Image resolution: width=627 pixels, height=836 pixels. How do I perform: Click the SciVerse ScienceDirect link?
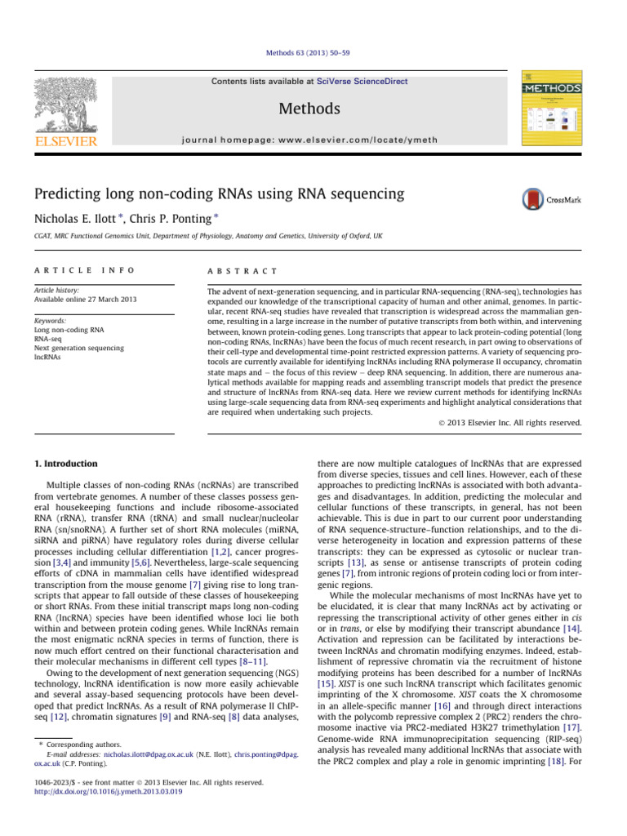point(364,82)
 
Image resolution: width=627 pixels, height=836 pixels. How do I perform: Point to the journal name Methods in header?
point(309,109)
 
